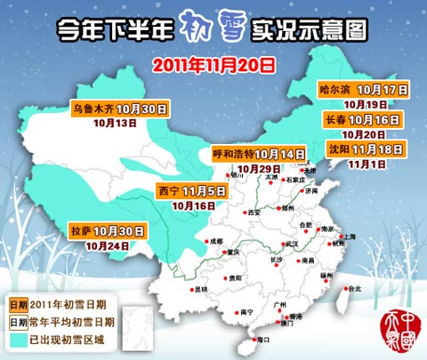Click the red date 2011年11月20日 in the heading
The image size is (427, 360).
[x=213, y=64]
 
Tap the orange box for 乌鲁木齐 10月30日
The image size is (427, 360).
[x=120, y=109]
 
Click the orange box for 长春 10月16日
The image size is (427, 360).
[x=365, y=119]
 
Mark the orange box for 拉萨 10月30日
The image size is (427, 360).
[x=108, y=231]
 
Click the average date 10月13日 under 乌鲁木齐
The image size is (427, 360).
[x=117, y=124]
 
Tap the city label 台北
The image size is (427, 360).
[x=355, y=289]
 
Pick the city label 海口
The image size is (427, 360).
[x=262, y=340]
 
